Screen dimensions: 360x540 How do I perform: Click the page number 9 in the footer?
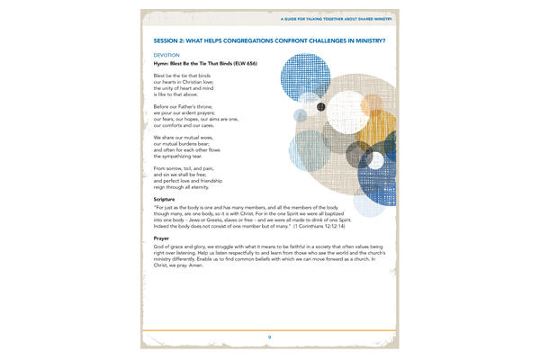pyautogui.click(x=270, y=335)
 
